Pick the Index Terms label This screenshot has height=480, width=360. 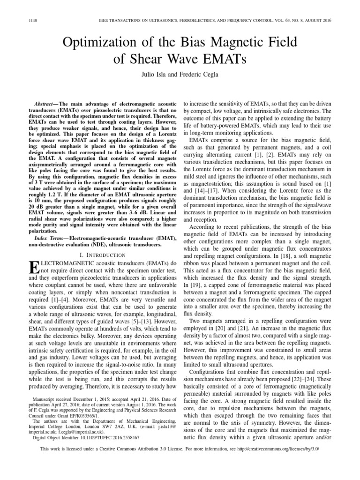(48, 239)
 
